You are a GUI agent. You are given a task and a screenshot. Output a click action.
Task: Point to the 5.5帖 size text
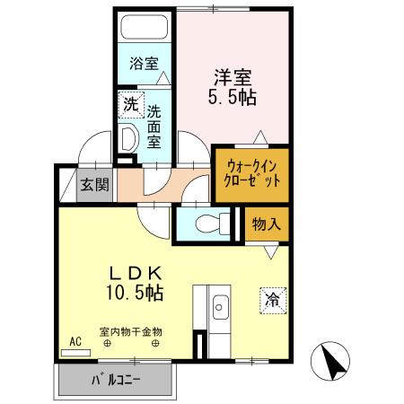[x=233, y=96]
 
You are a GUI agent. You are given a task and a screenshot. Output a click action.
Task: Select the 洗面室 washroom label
[x=154, y=127]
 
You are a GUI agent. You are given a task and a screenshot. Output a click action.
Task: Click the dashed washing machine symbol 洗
[x=131, y=104]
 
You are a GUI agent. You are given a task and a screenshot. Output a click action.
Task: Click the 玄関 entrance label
[x=95, y=187]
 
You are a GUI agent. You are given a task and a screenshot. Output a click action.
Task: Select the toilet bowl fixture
[x=202, y=223]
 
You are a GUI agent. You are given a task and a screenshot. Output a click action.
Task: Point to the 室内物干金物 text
[x=131, y=330]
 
